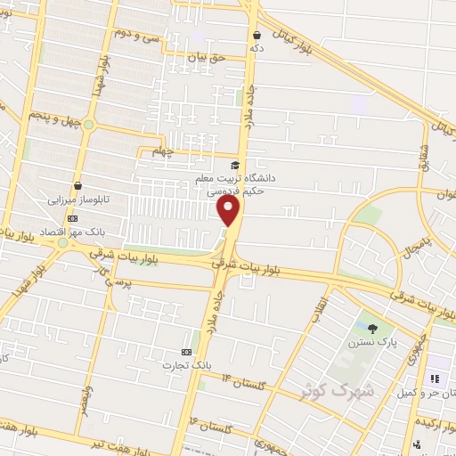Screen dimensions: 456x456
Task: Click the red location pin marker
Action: [x=229, y=210]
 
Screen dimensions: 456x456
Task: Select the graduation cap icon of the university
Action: [x=235, y=165]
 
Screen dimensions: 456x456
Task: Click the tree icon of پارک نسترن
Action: [x=371, y=330]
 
